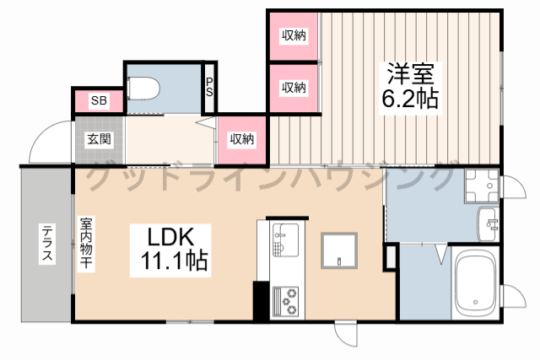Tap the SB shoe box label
(100, 100)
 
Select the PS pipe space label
(209, 88)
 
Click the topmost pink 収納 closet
(293, 35)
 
